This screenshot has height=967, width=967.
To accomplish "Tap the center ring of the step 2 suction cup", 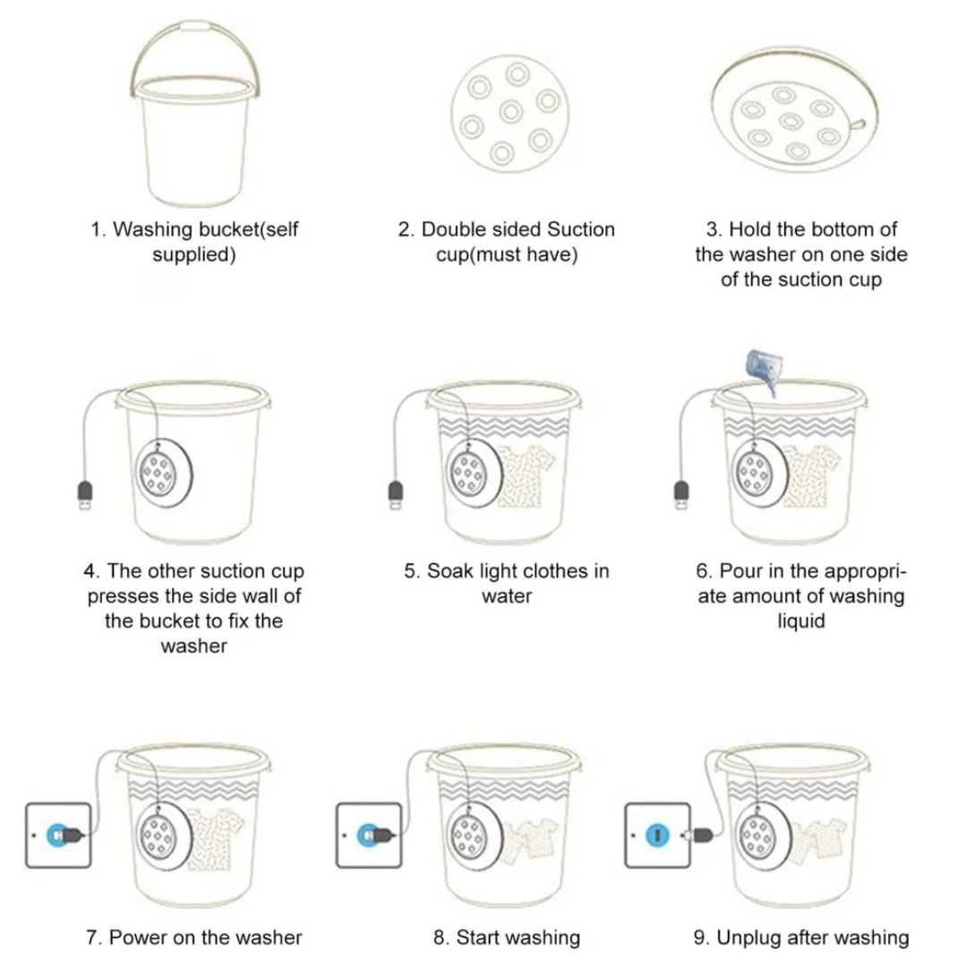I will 511,111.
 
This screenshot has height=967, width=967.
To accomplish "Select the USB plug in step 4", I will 84,495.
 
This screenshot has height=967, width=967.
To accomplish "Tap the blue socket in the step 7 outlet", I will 58,834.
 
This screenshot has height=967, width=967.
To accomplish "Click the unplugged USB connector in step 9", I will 701,834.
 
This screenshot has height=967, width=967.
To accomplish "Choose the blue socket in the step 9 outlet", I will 656,835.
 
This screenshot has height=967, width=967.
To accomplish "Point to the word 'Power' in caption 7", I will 138,938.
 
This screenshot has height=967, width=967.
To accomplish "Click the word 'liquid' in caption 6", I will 800,620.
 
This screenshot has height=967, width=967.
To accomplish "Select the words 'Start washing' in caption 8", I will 518,938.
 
